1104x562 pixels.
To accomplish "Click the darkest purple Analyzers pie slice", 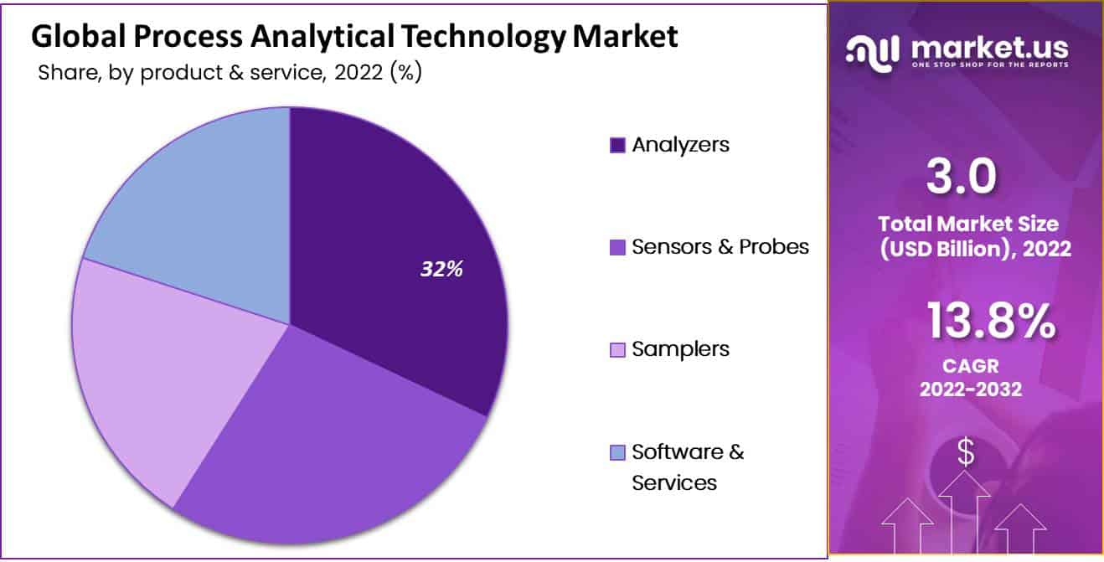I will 394,251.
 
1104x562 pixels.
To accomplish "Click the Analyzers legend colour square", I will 617,145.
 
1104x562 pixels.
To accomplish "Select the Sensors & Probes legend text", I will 720,246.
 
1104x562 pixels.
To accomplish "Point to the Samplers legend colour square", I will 617,349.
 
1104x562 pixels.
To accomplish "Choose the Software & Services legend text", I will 687,467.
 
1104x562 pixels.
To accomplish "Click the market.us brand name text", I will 988,49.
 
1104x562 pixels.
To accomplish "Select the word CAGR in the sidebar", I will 970,366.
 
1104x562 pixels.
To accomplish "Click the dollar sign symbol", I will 966,452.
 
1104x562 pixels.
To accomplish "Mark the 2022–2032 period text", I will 970,389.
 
